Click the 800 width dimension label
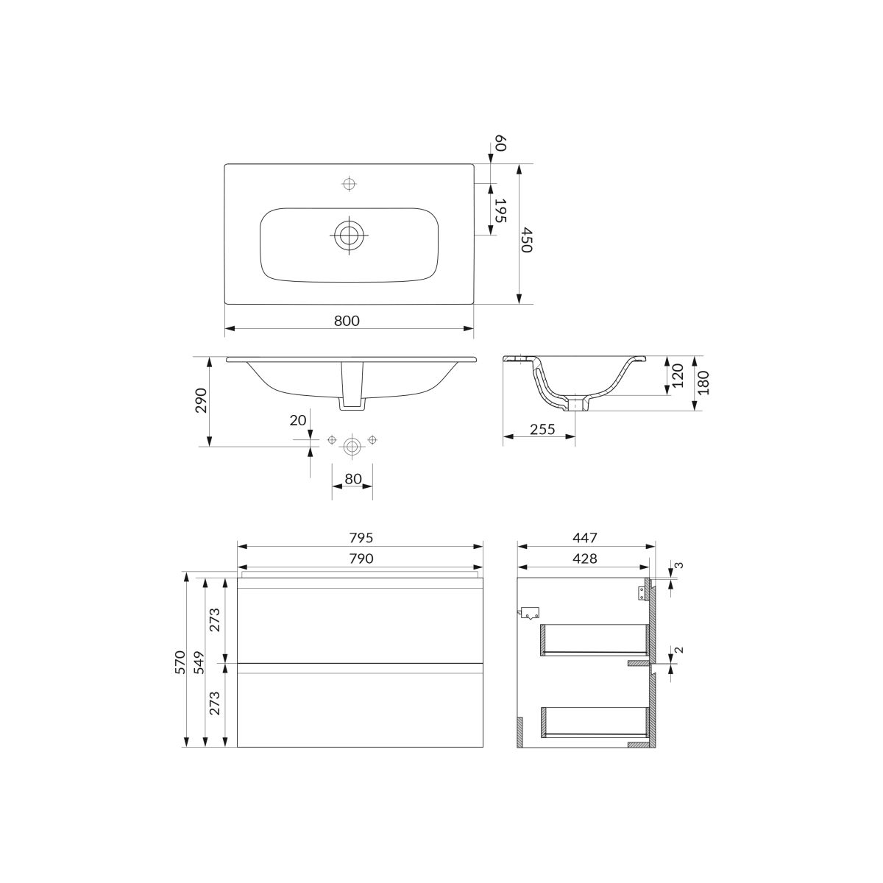(x=347, y=321)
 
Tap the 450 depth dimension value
(x=526, y=240)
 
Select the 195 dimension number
(x=500, y=210)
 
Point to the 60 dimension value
(x=500, y=143)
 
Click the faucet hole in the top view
(x=350, y=184)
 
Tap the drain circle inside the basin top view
(x=349, y=235)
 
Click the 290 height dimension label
(x=201, y=400)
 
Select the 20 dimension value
(x=297, y=419)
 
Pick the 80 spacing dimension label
(x=353, y=479)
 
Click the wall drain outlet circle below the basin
(x=352, y=446)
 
